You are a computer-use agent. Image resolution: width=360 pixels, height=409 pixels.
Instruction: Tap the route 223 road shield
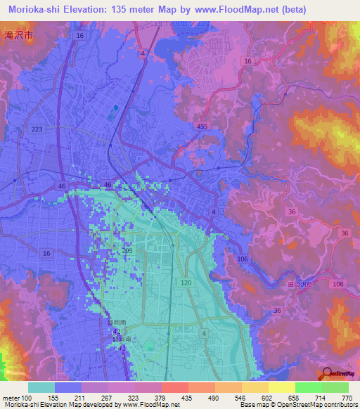(x=37, y=129)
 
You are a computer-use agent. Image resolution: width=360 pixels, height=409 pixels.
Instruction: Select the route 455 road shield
(x=202, y=126)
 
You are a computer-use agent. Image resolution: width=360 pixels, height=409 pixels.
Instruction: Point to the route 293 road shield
(x=128, y=249)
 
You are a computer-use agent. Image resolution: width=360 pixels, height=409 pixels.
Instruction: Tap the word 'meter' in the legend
(x=12, y=397)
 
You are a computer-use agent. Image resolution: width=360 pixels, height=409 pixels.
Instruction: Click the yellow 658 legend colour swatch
(x=281, y=387)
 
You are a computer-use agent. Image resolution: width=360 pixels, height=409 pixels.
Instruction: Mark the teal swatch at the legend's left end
(x=41, y=387)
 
